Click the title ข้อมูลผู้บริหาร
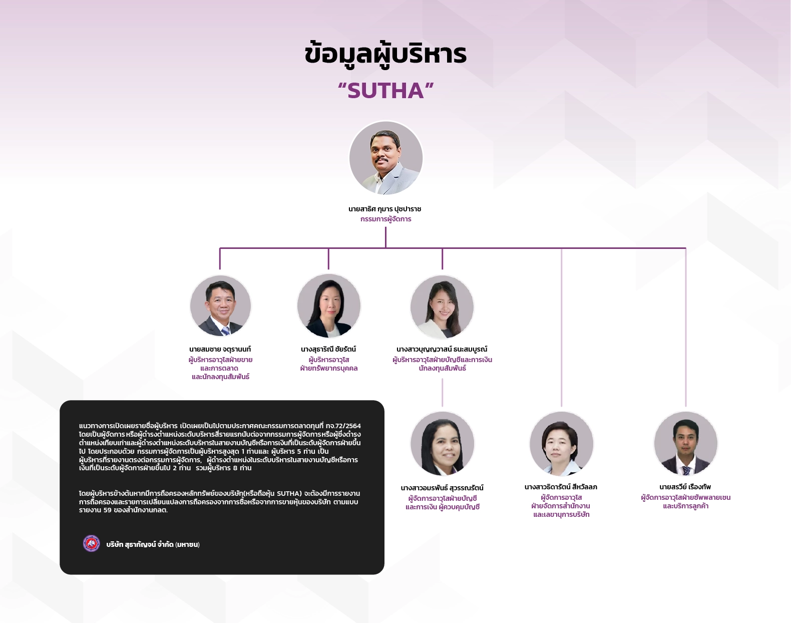coord(385,54)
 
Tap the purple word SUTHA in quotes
coord(385,91)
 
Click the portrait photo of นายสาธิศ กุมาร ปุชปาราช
coord(385,158)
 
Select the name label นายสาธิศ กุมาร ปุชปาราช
coord(385,209)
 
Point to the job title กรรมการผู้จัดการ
coord(385,219)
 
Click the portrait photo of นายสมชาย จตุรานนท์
coord(220,305)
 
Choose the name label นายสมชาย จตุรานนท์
coord(220,349)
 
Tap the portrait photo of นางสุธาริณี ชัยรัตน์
coord(329,305)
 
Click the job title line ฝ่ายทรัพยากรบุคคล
coord(329,368)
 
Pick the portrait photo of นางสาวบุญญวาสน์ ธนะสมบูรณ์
coord(442,306)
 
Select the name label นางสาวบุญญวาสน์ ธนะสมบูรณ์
coord(442,349)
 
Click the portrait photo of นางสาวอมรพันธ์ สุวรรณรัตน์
coord(442,443)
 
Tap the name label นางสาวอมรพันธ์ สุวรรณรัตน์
coord(442,488)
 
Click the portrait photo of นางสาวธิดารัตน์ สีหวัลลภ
coord(561,443)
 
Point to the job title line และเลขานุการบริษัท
coord(561,514)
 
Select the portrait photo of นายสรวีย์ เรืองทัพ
coord(685,443)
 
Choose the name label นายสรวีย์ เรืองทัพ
coord(685,487)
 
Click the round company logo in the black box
coord(92,543)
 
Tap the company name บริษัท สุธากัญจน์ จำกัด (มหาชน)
coord(153,544)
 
